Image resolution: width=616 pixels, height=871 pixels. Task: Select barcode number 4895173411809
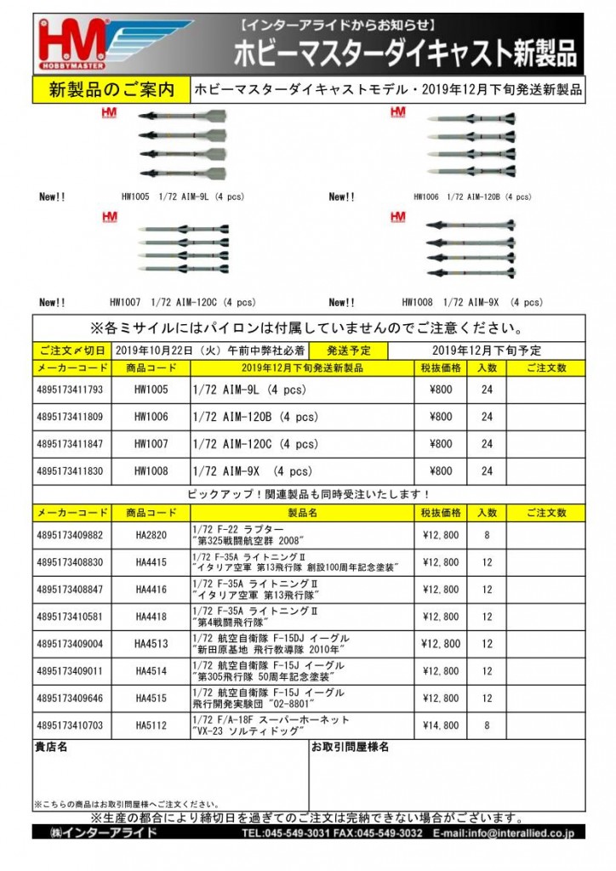(x=71, y=417)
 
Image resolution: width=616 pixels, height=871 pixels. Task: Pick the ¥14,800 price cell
(x=441, y=726)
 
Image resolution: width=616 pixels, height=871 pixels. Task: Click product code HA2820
(x=151, y=535)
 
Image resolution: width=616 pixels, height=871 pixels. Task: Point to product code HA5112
(x=151, y=726)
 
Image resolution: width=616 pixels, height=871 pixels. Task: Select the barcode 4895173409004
(x=71, y=644)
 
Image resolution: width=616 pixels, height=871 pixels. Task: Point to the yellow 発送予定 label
(x=339, y=350)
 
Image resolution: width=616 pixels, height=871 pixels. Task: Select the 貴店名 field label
(x=51, y=748)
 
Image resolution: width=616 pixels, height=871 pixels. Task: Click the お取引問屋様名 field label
(x=351, y=748)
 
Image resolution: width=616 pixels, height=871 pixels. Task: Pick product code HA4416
(x=151, y=589)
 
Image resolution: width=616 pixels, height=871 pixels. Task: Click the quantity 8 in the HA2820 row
(x=487, y=535)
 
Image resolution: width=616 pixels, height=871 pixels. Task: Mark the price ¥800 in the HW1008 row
(x=441, y=470)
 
